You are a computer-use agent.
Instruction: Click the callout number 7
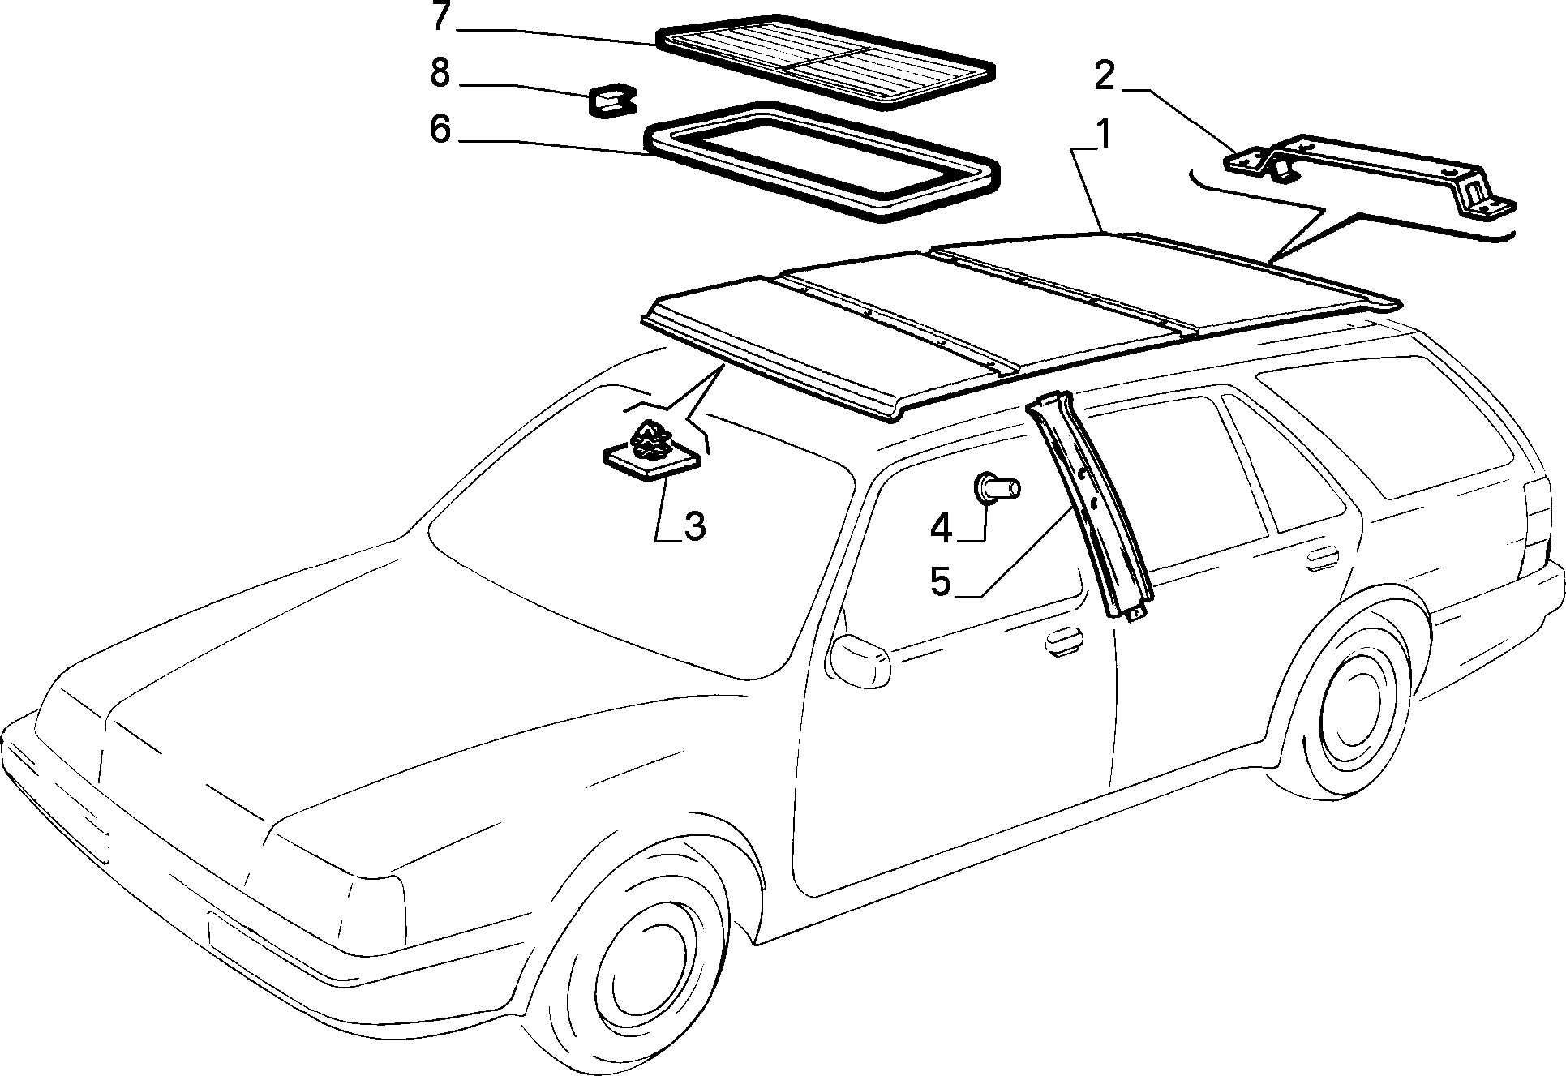click(x=440, y=17)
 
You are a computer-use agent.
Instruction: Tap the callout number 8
click(x=440, y=73)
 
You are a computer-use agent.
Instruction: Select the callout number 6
click(x=440, y=129)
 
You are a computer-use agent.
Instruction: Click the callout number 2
click(x=1104, y=76)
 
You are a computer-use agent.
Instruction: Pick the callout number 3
click(x=695, y=527)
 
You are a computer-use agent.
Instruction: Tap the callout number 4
click(x=940, y=529)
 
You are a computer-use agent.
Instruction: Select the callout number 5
click(x=940, y=581)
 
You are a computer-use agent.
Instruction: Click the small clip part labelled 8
click(x=612, y=101)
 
